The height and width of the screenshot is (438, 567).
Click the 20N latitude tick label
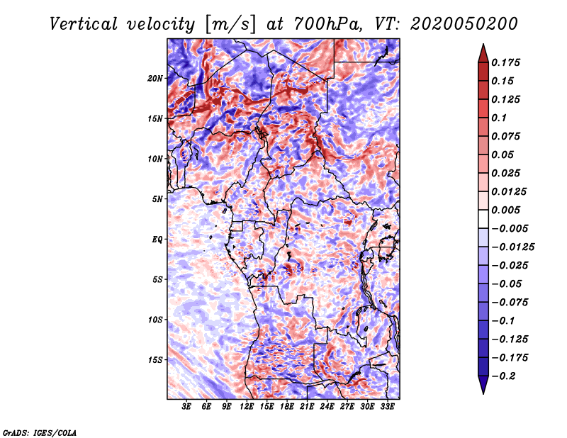pyautogui.click(x=155, y=79)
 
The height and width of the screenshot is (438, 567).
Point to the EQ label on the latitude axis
pyautogui.click(x=157, y=240)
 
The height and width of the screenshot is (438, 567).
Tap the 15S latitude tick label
pyautogui.click(x=155, y=360)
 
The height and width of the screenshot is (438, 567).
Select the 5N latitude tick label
pyautogui.click(x=157, y=199)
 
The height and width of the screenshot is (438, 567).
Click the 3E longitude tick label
pyautogui.click(x=186, y=407)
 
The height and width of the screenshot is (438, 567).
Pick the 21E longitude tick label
pyautogui.click(x=307, y=407)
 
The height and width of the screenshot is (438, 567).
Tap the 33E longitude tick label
pyautogui.click(x=387, y=407)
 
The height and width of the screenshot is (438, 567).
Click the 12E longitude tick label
pyautogui.click(x=247, y=407)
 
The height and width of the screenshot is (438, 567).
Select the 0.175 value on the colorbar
pyautogui.click(x=505, y=62)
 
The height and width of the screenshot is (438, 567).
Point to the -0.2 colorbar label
pyautogui.click(x=503, y=376)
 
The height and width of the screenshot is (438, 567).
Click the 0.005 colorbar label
pyautogui.click(x=505, y=210)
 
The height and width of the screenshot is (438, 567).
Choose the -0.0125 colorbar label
pyautogui.click(x=512, y=247)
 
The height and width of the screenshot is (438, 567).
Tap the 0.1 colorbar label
pyautogui.click(x=499, y=118)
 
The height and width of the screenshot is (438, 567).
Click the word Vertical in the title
pyautogui.click(x=84, y=24)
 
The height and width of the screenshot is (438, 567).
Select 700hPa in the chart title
pyautogui.click(x=327, y=24)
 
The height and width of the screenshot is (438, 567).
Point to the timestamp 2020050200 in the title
pyautogui.click(x=464, y=24)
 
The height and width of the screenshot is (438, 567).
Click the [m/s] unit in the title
pyautogui.click(x=230, y=25)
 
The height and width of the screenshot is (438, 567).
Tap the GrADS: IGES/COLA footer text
pyautogui.click(x=40, y=432)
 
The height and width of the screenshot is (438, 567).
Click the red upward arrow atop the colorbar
pyautogui.click(x=483, y=53)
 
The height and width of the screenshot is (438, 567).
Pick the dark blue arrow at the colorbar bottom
pyautogui.click(x=483, y=385)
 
